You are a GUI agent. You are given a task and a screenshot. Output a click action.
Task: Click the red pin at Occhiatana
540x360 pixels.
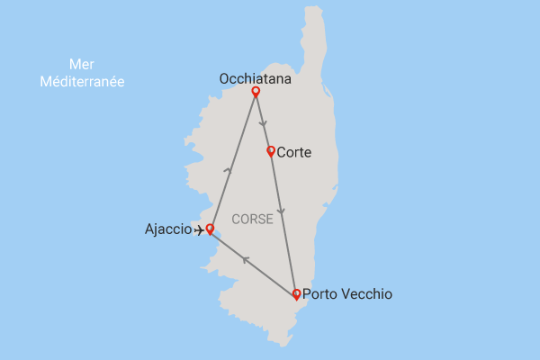coord(256,92)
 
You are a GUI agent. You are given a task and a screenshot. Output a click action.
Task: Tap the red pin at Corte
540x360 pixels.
coord(271,151)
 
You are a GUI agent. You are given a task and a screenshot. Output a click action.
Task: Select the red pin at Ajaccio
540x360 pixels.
coord(210,229)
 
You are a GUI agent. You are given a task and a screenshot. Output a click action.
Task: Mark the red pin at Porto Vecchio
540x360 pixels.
coord(296,293)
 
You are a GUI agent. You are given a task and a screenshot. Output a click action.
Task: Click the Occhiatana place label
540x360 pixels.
coord(255,79)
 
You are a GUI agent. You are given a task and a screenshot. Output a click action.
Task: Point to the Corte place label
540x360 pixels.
coord(294,153)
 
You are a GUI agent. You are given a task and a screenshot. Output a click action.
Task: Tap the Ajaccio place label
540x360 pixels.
coord(167,229)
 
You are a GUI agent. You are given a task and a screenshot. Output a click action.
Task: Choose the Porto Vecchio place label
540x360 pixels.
coord(347,294)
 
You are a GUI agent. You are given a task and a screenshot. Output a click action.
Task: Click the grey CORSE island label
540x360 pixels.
coord(252,219)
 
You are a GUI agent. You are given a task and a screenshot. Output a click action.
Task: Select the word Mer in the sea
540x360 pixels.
coord(82,65)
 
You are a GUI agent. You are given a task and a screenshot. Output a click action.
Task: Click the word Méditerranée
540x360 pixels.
coord(82,81)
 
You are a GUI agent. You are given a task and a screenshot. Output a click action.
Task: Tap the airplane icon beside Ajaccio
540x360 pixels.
coord(200,230)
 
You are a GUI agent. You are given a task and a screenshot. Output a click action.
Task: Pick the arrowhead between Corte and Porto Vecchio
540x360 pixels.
coord(283,212)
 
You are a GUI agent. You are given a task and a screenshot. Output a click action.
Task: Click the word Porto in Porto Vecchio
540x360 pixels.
coord(321,294)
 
